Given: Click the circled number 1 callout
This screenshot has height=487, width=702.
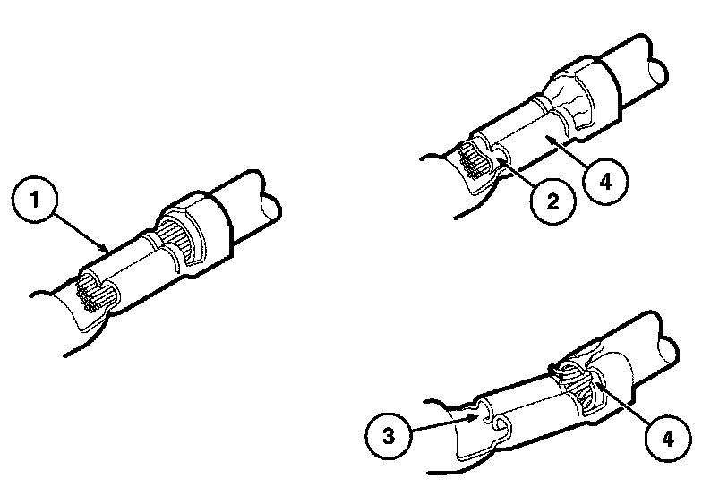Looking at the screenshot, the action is pyautogui.click(x=34, y=200).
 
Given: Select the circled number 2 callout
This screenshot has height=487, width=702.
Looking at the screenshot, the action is pyautogui.click(x=553, y=202).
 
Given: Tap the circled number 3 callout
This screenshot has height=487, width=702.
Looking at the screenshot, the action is pyautogui.click(x=389, y=436).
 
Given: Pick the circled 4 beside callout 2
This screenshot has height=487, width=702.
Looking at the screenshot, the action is pyautogui.click(x=605, y=182).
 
